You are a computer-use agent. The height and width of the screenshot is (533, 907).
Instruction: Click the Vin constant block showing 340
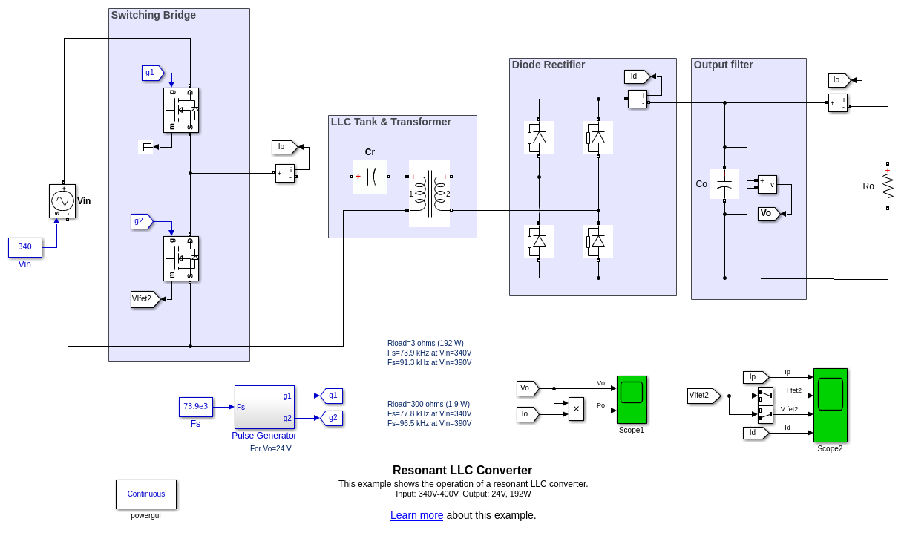coord(25,247)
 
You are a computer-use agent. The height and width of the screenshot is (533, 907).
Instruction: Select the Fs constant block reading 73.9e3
coord(196,407)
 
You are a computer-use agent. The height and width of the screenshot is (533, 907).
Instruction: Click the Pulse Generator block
coord(264,407)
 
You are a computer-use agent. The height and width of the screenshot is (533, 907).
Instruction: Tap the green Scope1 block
coord(632,399)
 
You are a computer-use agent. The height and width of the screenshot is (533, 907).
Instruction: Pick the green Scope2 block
coord(830,405)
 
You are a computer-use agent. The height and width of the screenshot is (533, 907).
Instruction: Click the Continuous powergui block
coord(146,494)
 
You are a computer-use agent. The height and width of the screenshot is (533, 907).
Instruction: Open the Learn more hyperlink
coord(416,515)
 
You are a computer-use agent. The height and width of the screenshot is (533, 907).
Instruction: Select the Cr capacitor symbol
coord(370,177)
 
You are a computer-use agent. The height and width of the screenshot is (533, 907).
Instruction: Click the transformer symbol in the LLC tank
coord(429,194)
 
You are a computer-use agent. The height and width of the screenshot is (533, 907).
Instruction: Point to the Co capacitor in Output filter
coord(724,184)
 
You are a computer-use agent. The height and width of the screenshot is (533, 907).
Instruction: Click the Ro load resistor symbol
coord(888,186)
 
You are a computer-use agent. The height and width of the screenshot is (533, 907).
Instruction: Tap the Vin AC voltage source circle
coord(62,200)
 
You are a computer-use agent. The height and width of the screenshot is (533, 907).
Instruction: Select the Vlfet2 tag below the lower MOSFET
coord(144,299)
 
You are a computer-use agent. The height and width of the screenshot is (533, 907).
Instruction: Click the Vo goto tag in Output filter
coord(767,214)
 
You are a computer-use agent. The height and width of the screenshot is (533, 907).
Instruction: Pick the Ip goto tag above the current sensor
coord(284,147)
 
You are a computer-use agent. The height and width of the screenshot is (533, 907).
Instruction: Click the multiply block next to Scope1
coord(576,408)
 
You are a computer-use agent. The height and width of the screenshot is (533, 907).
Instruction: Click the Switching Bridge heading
coord(154,15)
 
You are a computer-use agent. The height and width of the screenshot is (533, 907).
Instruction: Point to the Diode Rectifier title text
coord(549,65)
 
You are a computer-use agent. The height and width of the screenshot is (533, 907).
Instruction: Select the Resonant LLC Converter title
coord(462,470)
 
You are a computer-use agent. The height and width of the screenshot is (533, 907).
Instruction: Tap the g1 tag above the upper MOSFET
coord(151,73)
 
